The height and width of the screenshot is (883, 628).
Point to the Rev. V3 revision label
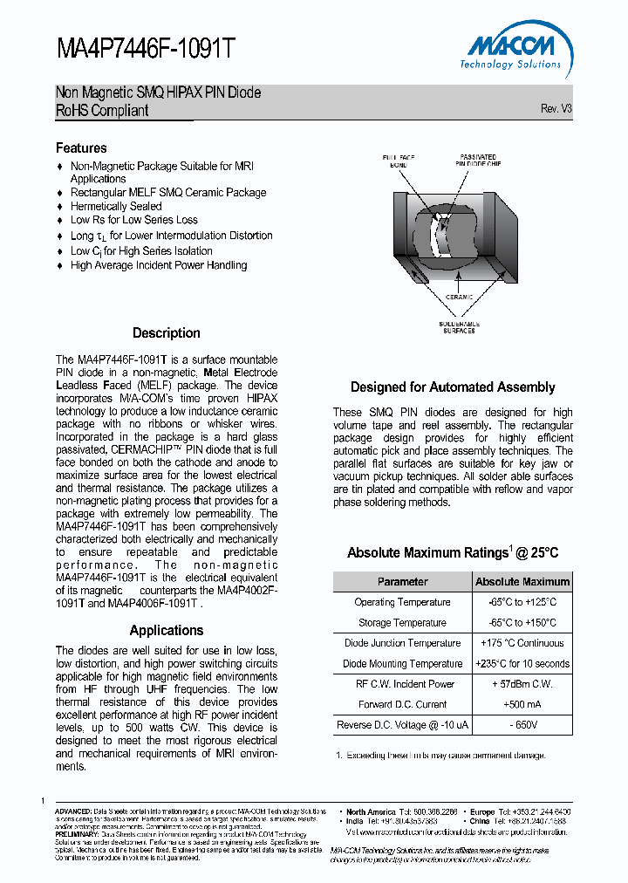(556, 109)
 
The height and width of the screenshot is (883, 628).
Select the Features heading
(81, 148)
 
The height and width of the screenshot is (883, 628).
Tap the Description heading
(166, 333)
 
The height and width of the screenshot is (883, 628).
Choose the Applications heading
(166, 631)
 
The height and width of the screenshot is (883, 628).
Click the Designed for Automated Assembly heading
(453, 387)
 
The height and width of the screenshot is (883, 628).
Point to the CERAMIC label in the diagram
(459, 298)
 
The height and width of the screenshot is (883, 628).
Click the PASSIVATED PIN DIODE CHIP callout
(479, 160)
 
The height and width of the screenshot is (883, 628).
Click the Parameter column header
(402, 582)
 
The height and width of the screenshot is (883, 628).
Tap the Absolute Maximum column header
(522, 582)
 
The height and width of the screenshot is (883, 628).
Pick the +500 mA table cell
(522, 705)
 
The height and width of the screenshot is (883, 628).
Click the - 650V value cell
(522, 725)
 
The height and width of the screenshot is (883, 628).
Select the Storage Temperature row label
(402, 623)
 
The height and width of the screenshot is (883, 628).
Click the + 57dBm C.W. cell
(522, 684)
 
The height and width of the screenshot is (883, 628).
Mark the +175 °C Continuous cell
(522, 643)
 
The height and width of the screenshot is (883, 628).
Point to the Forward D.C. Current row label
(402, 705)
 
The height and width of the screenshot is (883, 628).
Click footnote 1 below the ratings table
(440, 755)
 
